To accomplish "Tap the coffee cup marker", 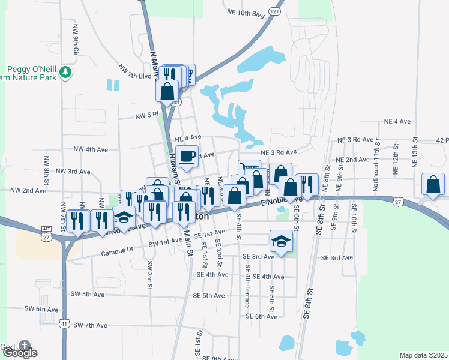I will pyautogui.click(x=187, y=155).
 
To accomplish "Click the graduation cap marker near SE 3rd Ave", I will pyautogui.click(x=280, y=241).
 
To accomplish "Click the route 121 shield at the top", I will pyautogui.click(x=274, y=11).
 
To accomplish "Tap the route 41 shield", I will pyautogui.click(x=64, y=323).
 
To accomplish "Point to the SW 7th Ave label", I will pyautogui.click(x=90, y=325).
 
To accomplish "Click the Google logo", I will pyautogui.click(x=20, y=353).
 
